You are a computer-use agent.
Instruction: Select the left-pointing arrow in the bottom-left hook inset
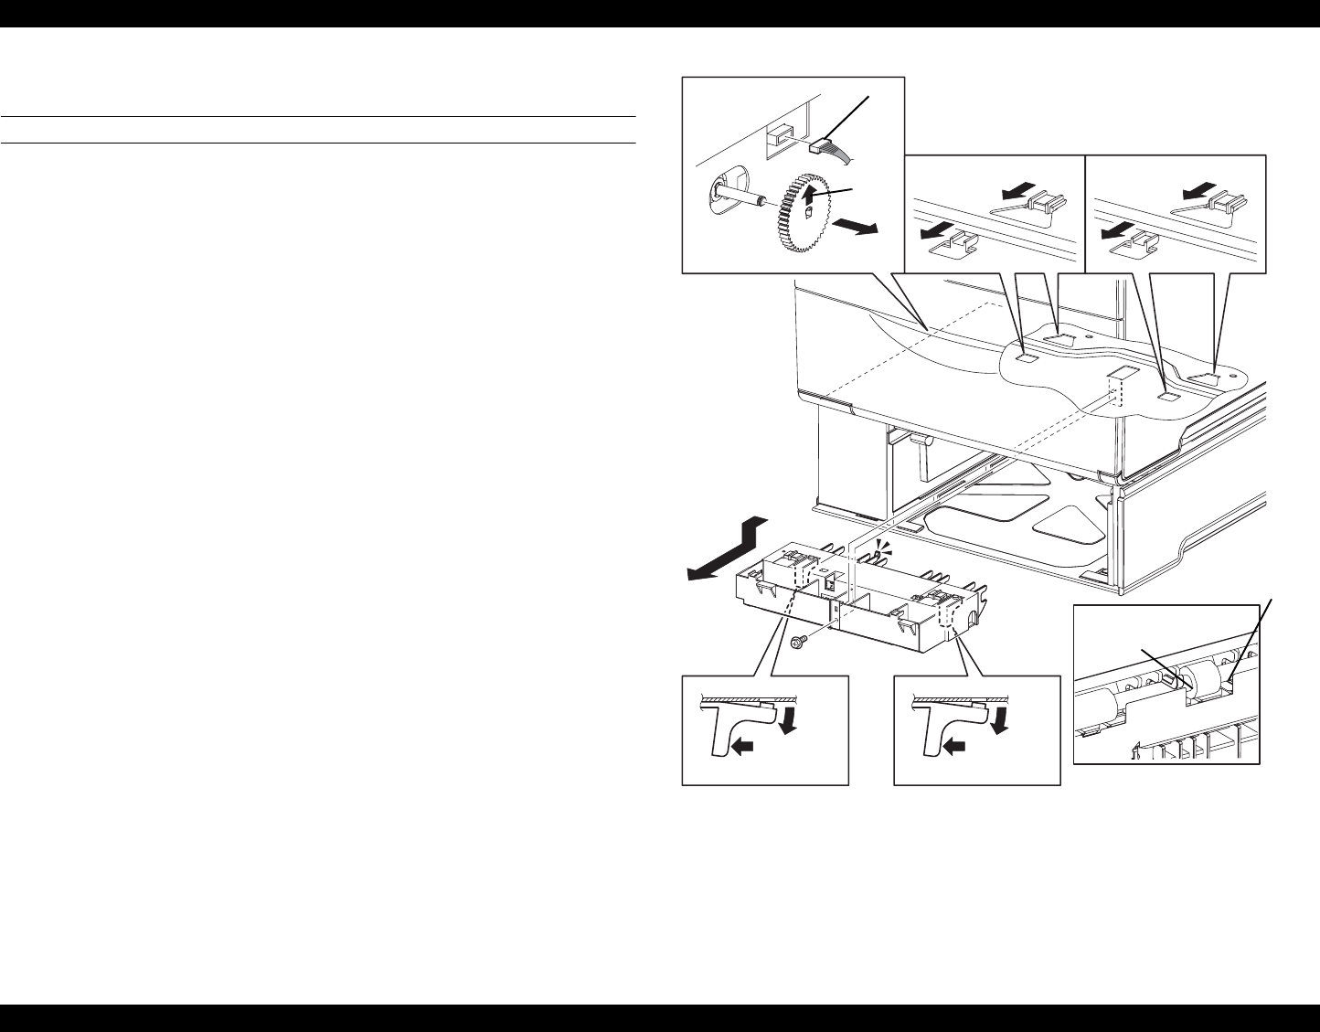(x=744, y=747)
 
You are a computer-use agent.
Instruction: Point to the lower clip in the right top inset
(x=1139, y=239)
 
